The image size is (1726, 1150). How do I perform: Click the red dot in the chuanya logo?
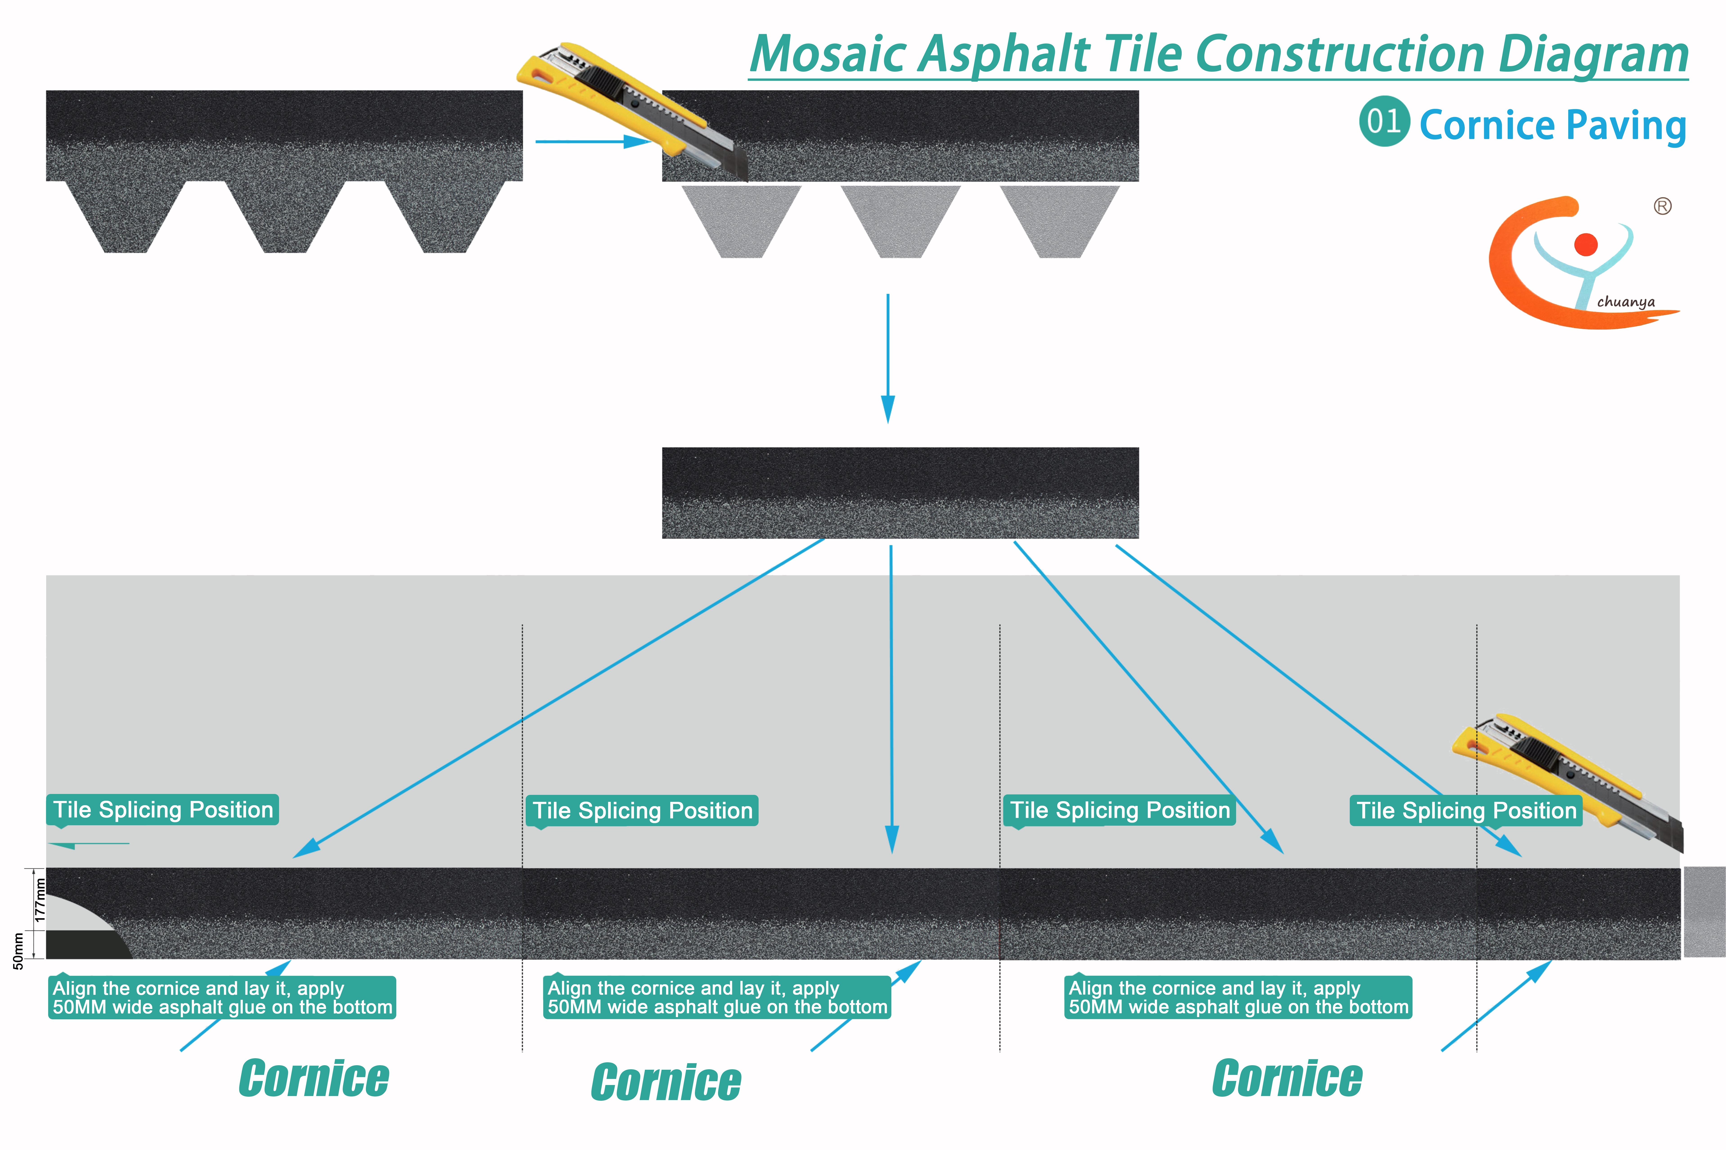click(1586, 244)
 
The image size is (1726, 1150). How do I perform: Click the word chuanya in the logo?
click(1625, 302)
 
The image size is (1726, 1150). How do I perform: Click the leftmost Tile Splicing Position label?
click(163, 810)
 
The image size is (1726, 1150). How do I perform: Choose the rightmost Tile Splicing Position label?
click(1466, 810)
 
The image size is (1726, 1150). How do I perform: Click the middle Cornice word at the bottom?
click(666, 1083)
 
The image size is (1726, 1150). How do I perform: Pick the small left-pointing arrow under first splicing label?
click(88, 844)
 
